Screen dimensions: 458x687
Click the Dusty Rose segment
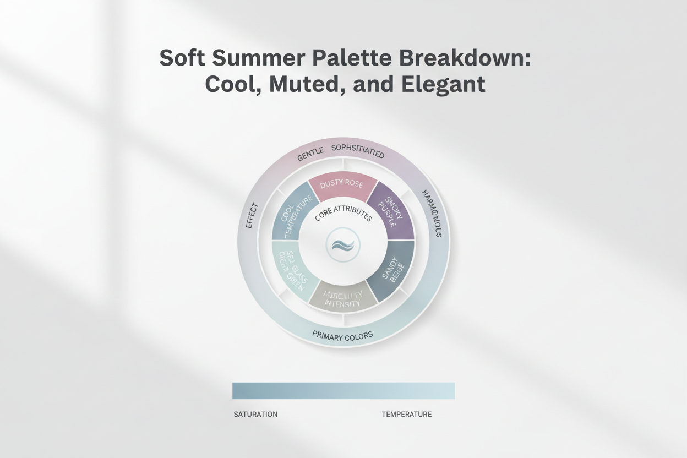(342, 185)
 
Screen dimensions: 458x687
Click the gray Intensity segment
(342, 298)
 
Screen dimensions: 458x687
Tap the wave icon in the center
(343, 243)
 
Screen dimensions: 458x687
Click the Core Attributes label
(343, 215)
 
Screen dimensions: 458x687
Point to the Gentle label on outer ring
(310, 156)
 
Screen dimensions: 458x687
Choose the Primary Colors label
(342, 334)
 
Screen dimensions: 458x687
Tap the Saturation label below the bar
(255, 414)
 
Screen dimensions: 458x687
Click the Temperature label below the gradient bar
(407, 414)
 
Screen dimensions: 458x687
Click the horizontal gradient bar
(343, 390)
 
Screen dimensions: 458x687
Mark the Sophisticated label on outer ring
(357, 150)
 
